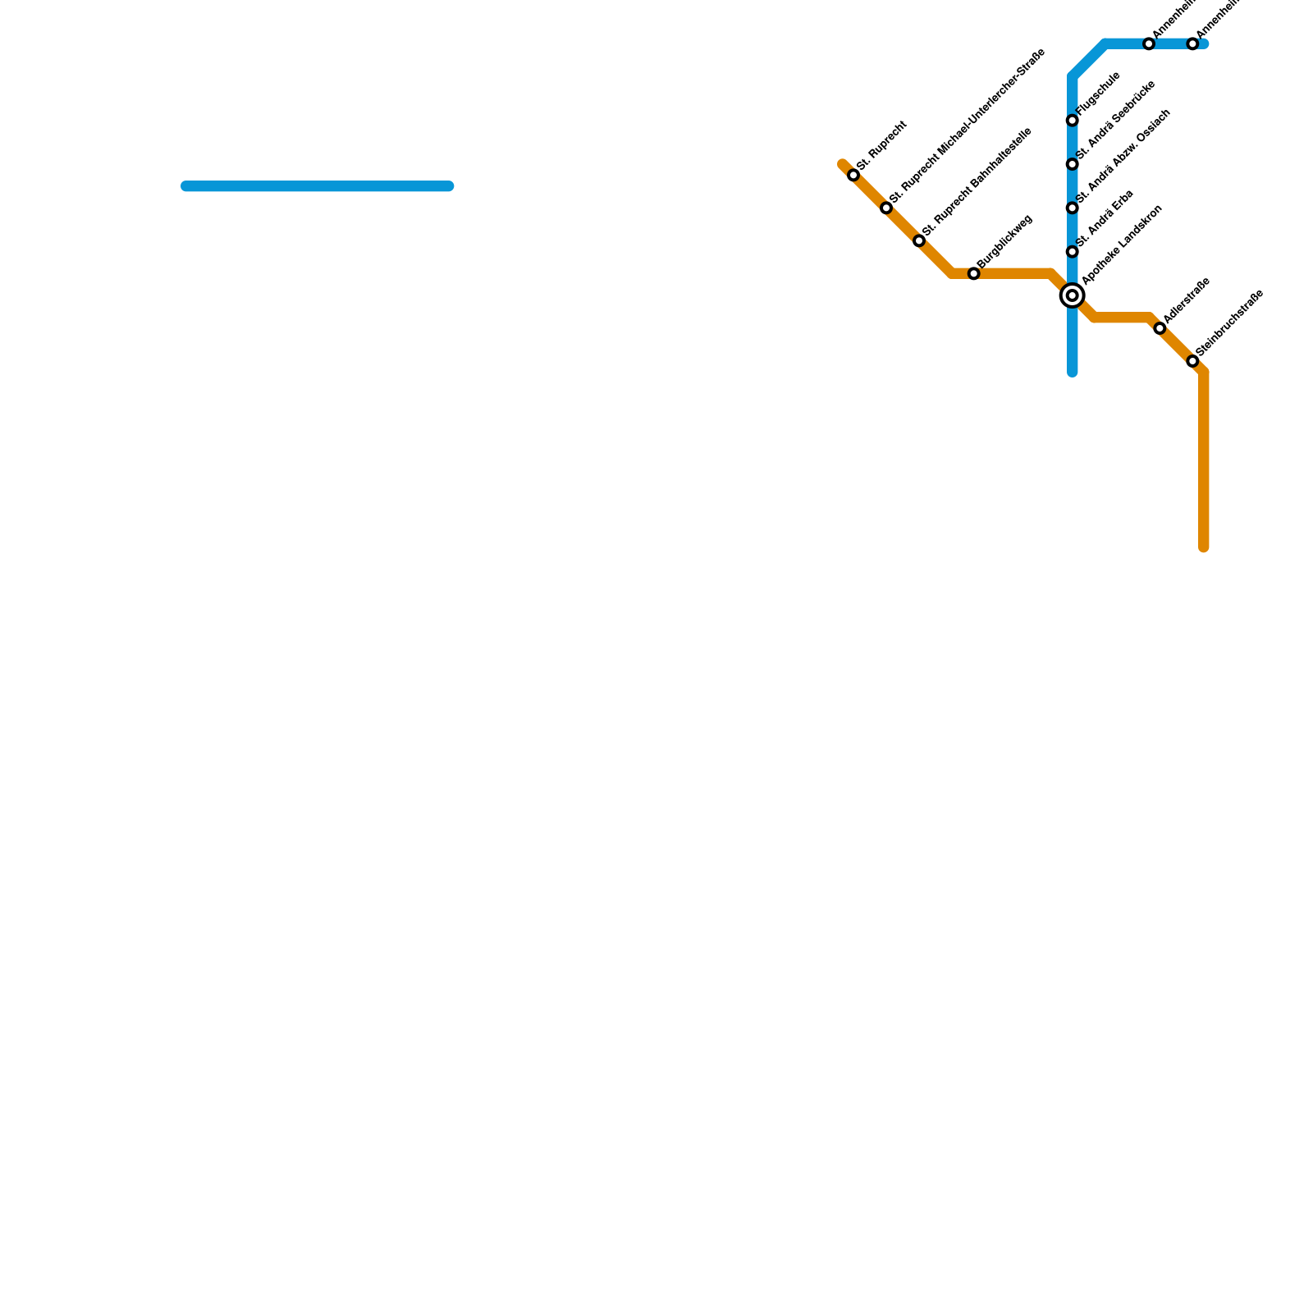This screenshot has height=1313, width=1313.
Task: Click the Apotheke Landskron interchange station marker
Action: (1072, 295)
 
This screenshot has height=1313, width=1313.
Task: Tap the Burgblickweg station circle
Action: (973, 273)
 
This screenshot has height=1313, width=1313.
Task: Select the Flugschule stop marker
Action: (1072, 121)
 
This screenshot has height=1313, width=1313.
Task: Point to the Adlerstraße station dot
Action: (1160, 328)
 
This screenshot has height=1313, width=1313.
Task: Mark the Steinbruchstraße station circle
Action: (1192, 361)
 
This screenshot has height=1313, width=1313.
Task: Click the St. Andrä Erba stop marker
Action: (1072, 252)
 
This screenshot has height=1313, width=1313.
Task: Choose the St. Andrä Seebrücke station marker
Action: (1072, 164)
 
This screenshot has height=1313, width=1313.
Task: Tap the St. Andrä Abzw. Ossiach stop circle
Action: (1072, 208)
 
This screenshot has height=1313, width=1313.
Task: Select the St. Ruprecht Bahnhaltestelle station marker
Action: (919, 240)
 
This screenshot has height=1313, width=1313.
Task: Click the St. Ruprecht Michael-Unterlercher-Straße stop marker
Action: (886, 208)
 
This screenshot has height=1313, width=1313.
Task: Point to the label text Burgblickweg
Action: (1005, 241)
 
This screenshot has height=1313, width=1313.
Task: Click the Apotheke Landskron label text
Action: (1122, 245)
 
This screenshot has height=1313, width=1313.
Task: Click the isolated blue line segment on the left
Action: (317, 186)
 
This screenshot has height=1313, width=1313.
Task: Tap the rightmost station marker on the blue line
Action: (1192, 43)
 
